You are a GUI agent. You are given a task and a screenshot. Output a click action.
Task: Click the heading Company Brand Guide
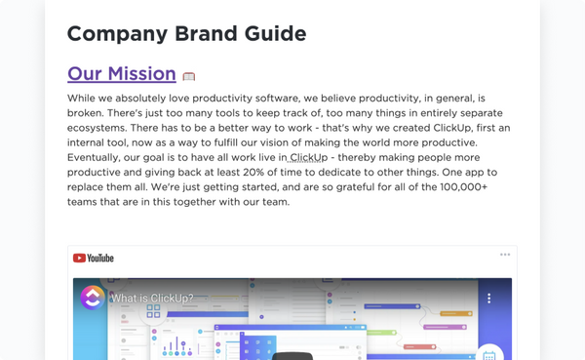tap(186, 33)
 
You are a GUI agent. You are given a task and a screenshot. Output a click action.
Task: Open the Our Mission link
tap(122, 74)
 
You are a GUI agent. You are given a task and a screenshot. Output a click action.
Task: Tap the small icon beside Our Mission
tap(189, 76)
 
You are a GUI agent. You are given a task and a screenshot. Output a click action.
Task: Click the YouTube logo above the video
tap(94, 258)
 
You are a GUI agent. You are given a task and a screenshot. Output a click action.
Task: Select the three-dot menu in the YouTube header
tap(505, 255)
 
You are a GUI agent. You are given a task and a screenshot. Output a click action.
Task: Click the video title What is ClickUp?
tap(151, 299)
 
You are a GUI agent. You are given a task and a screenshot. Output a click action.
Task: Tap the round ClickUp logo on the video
tap(93, 299)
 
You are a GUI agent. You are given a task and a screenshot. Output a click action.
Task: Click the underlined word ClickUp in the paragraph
tap(308, 158)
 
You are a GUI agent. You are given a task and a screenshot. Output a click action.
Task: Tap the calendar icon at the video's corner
tap(489, 354)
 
